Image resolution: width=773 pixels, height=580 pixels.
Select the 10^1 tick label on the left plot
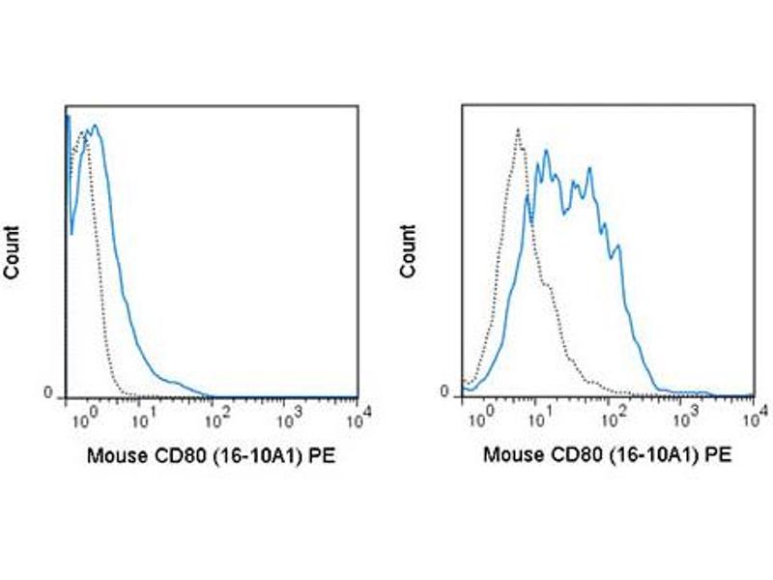(142, 419)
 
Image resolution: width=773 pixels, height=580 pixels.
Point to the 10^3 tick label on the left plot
(288, 419)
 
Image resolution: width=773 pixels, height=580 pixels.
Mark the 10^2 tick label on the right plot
(612, 419)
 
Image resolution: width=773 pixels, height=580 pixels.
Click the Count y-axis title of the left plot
(13, 252)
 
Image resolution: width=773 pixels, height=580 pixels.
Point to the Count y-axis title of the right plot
(410, 252)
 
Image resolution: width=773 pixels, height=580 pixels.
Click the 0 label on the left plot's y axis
(47, 392)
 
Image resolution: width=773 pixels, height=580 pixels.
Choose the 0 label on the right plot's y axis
(445, 392)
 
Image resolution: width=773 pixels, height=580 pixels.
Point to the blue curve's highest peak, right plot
(546, 151)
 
